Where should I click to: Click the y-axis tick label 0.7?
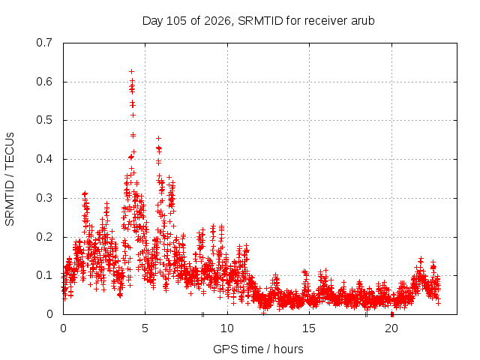[x=44, y=43]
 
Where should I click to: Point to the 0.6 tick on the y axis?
[x=44, y=82]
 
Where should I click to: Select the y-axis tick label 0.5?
[x=44, y=120]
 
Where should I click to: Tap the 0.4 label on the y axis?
[x=44, y=159]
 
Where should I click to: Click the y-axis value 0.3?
[x=44, y=198]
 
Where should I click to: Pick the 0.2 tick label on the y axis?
[x=44, y=237]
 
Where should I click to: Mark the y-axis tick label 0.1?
[x=44, y=275]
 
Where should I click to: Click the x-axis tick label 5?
[x=145, y=328]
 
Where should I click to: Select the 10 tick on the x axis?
[x=227, y=328]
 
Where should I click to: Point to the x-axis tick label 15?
[x=309, y=328]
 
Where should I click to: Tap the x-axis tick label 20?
[x=391, y=328]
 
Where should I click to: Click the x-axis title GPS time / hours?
[x=258, y=349]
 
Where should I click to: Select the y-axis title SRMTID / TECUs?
[x=10, y=179]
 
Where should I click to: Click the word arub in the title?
[x=363, y=21]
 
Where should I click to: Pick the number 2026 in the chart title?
[x=217, y=21]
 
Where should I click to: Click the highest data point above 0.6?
[x=132, y=72]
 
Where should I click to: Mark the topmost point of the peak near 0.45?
[x=158, y=138]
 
